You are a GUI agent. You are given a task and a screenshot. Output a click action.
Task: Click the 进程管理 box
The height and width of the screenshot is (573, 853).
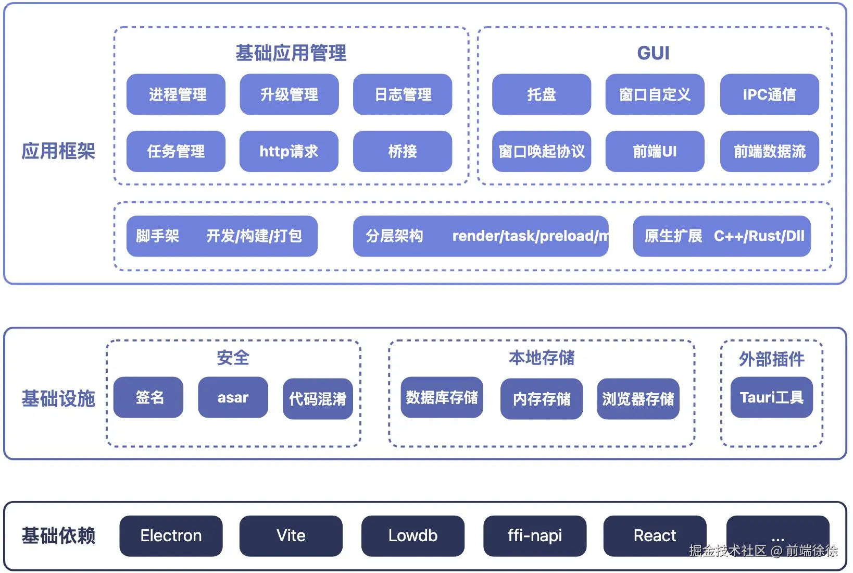click(176, 94)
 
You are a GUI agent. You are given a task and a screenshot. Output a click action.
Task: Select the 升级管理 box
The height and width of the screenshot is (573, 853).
click(290, 94)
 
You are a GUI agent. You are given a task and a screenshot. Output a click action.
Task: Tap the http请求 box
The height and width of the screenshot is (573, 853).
click(289, 151)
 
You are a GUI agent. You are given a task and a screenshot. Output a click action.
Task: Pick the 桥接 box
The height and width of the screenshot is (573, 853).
click(403, 151)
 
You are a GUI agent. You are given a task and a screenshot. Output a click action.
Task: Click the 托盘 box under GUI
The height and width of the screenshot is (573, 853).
click(542, 94)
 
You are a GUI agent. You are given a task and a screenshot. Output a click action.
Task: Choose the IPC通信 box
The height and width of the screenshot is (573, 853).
click(770, 94)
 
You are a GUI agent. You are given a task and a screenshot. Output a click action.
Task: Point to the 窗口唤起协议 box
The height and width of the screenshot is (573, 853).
click(542, 151)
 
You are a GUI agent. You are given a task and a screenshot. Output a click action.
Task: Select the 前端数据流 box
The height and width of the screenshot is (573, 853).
click(770, 151)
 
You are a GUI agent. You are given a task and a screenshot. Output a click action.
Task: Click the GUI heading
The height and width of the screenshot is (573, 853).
click(654, 53)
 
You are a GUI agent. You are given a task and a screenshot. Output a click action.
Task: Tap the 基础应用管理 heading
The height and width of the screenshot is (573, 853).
click(291, 53)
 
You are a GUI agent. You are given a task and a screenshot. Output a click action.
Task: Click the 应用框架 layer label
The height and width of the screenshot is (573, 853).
click(58, 151)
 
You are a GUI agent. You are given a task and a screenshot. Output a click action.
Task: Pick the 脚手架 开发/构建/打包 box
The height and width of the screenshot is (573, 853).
click(222, 236)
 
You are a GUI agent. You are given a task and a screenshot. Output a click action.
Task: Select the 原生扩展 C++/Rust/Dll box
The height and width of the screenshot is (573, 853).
click(722, 236)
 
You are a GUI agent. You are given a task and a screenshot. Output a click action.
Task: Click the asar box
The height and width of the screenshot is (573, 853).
click(233, 397)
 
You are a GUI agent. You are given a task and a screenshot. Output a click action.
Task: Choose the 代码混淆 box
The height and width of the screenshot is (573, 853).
click(318, 399)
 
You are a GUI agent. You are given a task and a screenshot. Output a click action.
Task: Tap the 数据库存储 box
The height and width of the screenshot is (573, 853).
click(442, 397)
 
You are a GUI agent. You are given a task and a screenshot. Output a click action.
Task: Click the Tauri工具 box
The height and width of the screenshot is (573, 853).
click(772, 397)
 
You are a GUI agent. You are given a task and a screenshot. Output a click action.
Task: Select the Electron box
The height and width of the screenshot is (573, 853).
click(171, 536)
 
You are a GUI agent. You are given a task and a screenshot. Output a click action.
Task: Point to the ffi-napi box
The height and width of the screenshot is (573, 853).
click(535, 536)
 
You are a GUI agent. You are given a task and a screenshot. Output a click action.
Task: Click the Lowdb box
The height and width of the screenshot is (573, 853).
click(413, 536)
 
